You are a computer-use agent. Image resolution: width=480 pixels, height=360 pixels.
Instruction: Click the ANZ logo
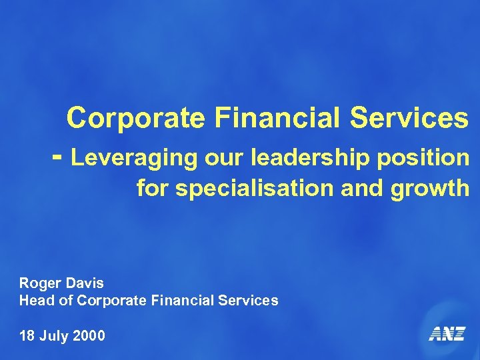coord(446,333)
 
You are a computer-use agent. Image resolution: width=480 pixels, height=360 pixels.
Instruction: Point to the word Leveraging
coord(127,159)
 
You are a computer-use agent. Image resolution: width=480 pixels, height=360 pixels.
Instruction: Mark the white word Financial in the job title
coord(179,301)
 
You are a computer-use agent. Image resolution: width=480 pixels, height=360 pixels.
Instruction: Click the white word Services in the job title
coord(248,301)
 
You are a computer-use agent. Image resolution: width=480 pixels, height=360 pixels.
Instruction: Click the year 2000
coord(89,335)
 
